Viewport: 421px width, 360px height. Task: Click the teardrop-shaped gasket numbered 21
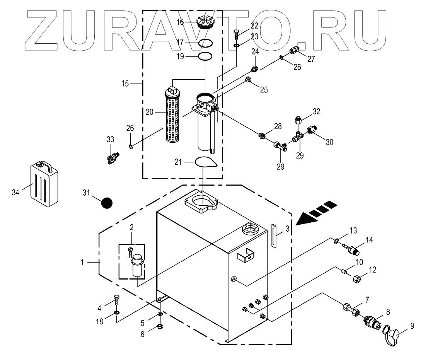(x=205, y=161)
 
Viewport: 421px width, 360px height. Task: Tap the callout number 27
(x=311, y=59)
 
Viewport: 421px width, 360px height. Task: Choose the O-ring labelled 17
(x=205, y=42)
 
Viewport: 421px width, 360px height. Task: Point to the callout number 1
(x=82, y=262)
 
